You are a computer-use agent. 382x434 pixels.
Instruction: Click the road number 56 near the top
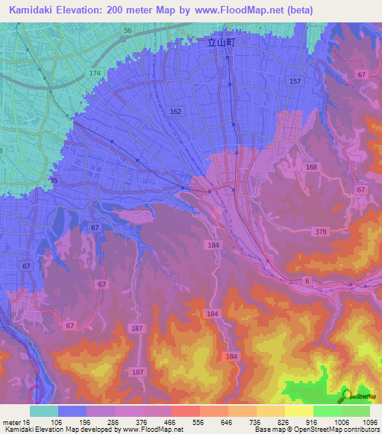(128, 31)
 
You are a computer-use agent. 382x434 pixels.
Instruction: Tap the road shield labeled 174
(95, 73)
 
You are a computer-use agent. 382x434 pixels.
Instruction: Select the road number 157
(295, 81)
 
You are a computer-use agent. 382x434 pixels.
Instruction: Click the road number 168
(311, 167)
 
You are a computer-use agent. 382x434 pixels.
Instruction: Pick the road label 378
(322, 233)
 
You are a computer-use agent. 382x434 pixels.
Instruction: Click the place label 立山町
(221, 44)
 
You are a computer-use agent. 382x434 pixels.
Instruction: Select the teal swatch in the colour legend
(44, 411)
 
